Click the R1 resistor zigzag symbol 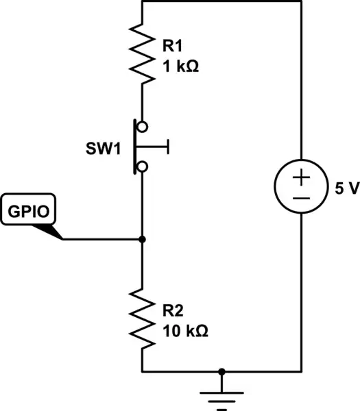[142, 55]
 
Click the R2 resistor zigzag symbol [142, 317]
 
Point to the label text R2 [173, 310]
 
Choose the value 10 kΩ [185, 329]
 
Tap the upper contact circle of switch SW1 [142, 126]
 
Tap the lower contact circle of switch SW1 [142, 166]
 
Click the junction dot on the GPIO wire [142, 239]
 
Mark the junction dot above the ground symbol [221, 371]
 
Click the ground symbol [221, 396]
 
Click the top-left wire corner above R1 [142, 2]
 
